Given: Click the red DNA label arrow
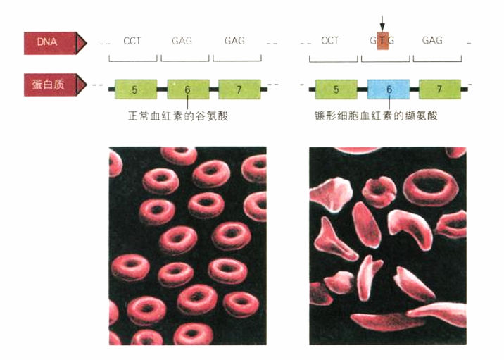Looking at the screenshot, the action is (x=55, y=43).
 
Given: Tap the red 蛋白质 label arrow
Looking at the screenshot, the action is (x=55, y=85).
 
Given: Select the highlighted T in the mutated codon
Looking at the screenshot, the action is (x=382, y=41).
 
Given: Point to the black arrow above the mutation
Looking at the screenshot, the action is (x=382, y=24).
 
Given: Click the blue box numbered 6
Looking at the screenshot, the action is (x=389, y=89).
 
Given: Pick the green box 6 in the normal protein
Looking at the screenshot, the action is (x=188, y=89).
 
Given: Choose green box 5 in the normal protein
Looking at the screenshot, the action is (x=136, y=89).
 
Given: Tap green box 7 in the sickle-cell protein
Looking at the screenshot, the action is (x=440, y=89).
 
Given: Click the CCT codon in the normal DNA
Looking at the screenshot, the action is (x=132, y=41).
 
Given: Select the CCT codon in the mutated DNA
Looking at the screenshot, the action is (x=330, y=41).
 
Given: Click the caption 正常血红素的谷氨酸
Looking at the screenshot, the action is (x=178, y=116).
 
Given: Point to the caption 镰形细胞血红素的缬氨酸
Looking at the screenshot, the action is (x=376, y=115).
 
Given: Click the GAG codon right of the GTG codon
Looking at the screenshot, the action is (x=432, y=40).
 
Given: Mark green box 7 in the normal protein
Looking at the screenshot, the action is (x=239, y=89).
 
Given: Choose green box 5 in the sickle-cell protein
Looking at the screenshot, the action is (x=336, y=89).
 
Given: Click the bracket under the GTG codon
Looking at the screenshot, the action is (x=386, y=61).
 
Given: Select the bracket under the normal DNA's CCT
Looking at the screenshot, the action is (x=133, y=61).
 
